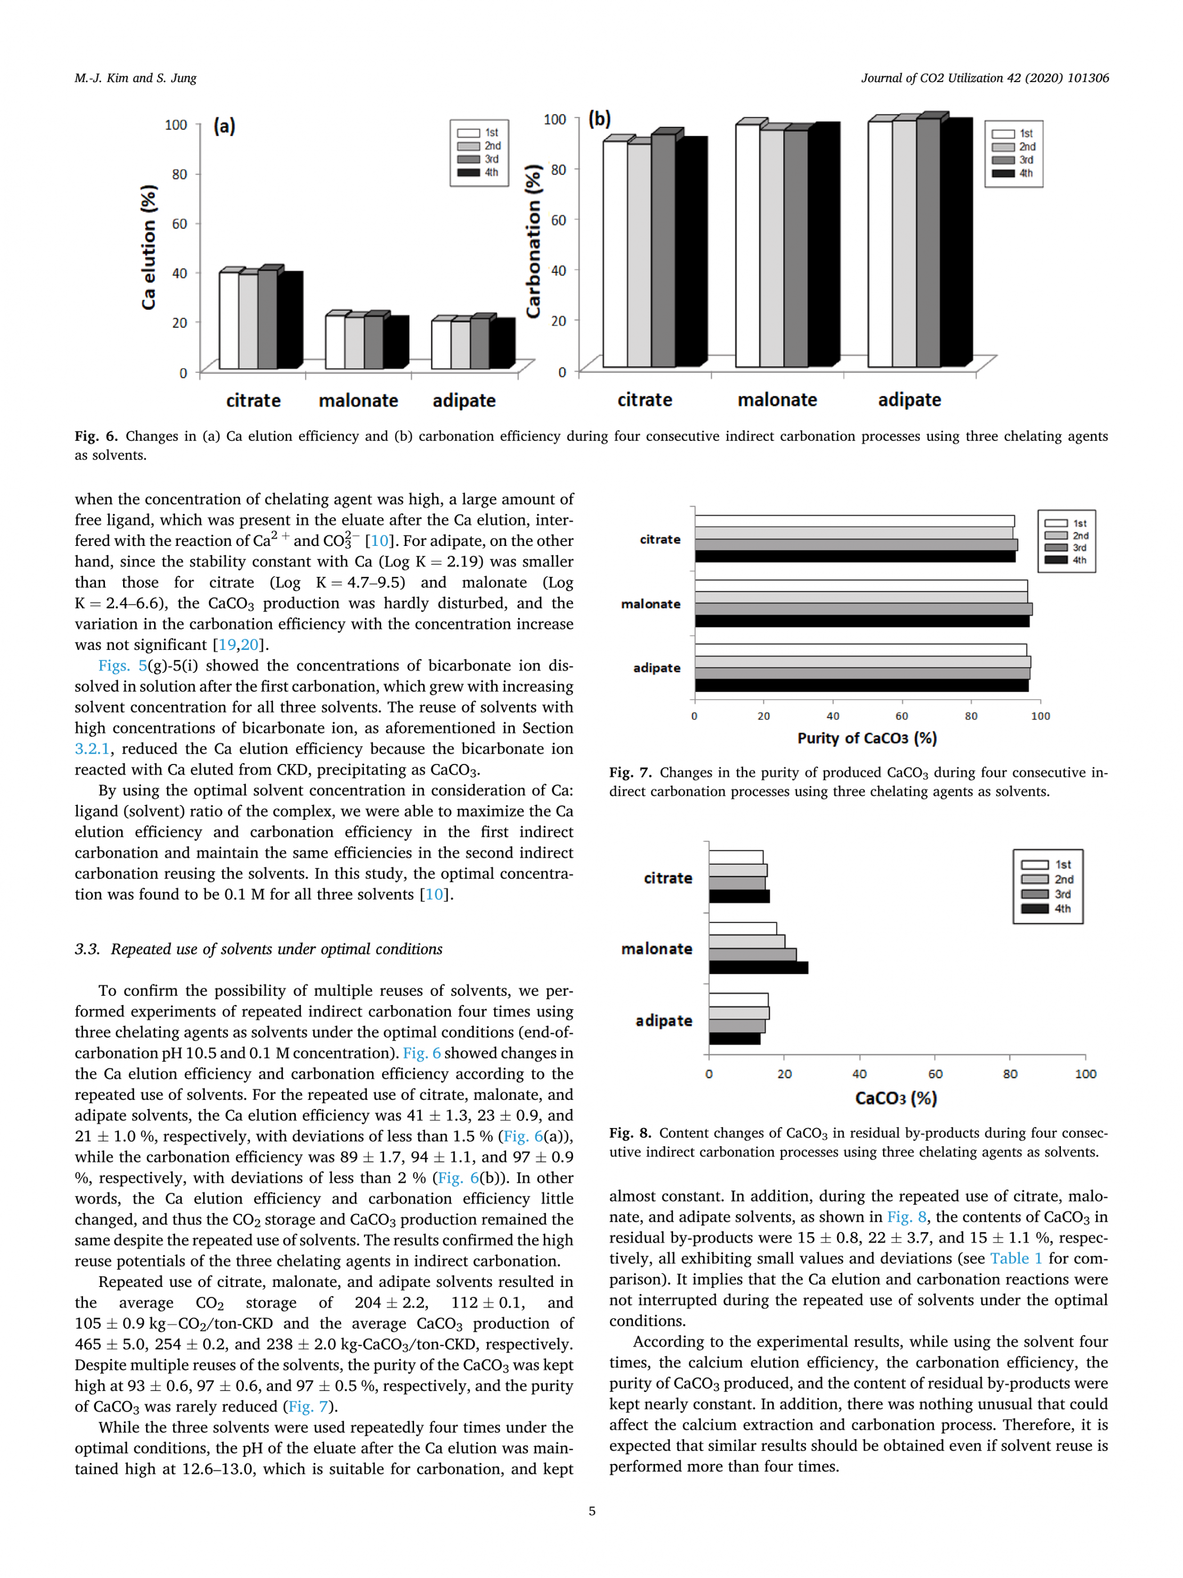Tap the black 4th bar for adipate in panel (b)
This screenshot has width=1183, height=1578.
pos(956,243)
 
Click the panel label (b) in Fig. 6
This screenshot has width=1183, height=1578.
pos(599,118)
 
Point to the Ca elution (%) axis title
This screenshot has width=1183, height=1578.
pos(148,247)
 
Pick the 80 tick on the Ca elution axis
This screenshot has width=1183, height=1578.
pos(179,174)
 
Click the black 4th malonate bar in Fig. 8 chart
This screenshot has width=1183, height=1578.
pos(758,968)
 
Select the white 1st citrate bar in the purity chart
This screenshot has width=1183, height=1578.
pos(854,521)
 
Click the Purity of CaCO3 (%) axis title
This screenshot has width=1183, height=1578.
pos(866,738)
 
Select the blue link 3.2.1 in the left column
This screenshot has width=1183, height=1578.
pos(92,748)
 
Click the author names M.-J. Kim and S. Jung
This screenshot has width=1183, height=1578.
pos(135,78)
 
